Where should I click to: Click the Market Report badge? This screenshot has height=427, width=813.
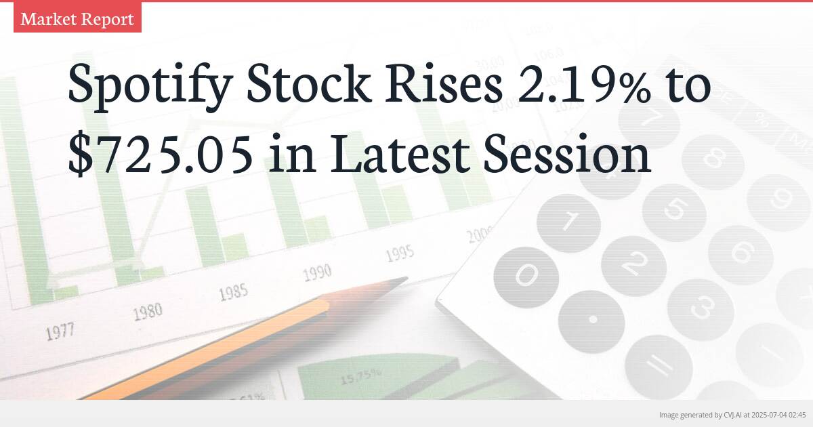click(77, 19)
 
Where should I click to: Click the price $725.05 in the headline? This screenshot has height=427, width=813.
click(161, 155)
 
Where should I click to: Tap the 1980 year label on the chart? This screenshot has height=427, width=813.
click(147, 312)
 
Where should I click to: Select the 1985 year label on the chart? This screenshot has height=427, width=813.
click(233, 292)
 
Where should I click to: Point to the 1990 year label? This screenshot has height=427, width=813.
click(317, 272)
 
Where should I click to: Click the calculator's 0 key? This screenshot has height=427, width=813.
click(527, 274)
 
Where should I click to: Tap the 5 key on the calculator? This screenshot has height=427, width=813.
click(673, 209)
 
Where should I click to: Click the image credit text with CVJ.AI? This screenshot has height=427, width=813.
click(732, 414)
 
